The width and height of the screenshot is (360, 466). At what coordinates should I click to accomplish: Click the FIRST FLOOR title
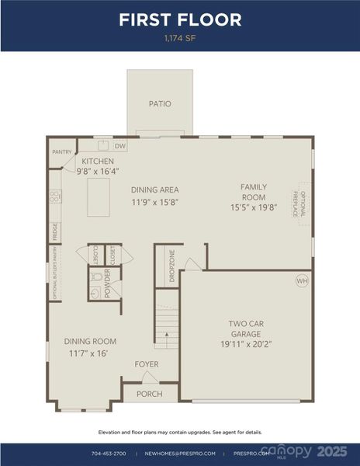(x=180, y=19)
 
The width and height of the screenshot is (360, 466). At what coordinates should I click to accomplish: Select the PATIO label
(x=160, y=103)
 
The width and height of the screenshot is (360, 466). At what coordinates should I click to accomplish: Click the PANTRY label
(x=62, y=152)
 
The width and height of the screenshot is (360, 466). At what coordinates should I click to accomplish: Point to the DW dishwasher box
(x=120, y=145)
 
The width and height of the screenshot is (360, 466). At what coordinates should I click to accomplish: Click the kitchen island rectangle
(x=98, y=197)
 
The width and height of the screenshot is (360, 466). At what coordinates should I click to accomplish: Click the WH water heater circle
(x=301, y=280)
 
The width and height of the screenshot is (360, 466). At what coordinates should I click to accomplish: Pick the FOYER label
(x=147, y=363)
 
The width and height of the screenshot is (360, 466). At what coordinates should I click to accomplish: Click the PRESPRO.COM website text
(x=254, y=453)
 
